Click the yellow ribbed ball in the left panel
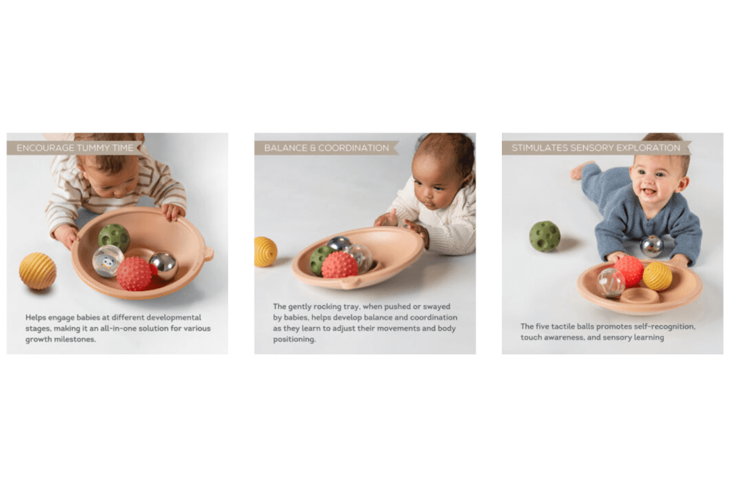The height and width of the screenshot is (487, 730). click(x=37, y=271)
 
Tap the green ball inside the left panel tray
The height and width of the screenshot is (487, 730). click(x=113, y=237)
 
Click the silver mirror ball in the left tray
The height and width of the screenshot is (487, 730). click(x=163, y=265)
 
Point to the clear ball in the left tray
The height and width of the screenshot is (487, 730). click(x=108, y=261)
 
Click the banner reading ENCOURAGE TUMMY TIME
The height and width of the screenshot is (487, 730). click(x=73, y=148)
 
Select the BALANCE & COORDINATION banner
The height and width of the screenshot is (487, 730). click(x=326, y=148)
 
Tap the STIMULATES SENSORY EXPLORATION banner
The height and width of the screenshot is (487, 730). click(x=596, y=148)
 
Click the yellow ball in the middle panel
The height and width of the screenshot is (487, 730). click(x=264, y=252)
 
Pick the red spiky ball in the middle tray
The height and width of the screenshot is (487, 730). click(x=339, y=265)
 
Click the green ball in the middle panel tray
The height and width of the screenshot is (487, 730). click(x=319, y=260)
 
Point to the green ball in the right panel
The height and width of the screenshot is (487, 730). click(x=545, y=236)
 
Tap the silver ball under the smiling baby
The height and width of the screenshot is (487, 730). click(x=652, y=246)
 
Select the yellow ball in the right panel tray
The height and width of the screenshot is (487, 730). click(x=657, y=276)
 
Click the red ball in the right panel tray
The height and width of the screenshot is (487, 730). click(x=629, y=270)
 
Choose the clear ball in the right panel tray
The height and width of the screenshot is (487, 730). click(x=610, y=282)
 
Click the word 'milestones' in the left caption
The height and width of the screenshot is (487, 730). click(x=76, y=339)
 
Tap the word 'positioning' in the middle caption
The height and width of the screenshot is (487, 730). click(x=294, y=339)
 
